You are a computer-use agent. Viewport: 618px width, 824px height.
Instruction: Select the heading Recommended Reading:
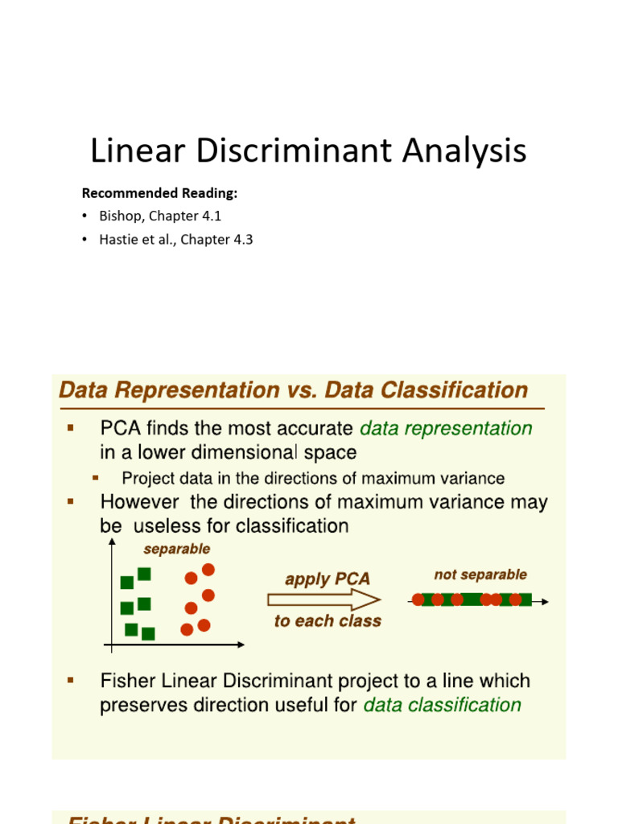click(160, 193)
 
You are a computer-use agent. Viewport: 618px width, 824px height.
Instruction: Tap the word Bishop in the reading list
click(118, 216)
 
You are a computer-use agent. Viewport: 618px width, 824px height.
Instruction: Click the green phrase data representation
click(446, 428)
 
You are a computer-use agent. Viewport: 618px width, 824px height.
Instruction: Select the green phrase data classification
click(443, 705)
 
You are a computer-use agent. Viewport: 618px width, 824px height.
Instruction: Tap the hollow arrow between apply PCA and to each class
click(323, 599)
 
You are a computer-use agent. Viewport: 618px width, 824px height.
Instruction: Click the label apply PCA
click(328, 579)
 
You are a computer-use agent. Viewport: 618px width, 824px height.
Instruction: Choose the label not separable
click(480, 575)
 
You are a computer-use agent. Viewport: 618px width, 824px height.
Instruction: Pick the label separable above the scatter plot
click(176, 549)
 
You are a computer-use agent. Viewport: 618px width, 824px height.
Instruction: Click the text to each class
click(328, 621)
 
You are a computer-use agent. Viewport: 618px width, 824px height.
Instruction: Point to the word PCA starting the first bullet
click(122, 428)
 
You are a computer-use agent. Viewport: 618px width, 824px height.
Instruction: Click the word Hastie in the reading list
click(118, 240)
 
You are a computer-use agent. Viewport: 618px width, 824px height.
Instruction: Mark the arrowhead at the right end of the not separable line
click(546, 601)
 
